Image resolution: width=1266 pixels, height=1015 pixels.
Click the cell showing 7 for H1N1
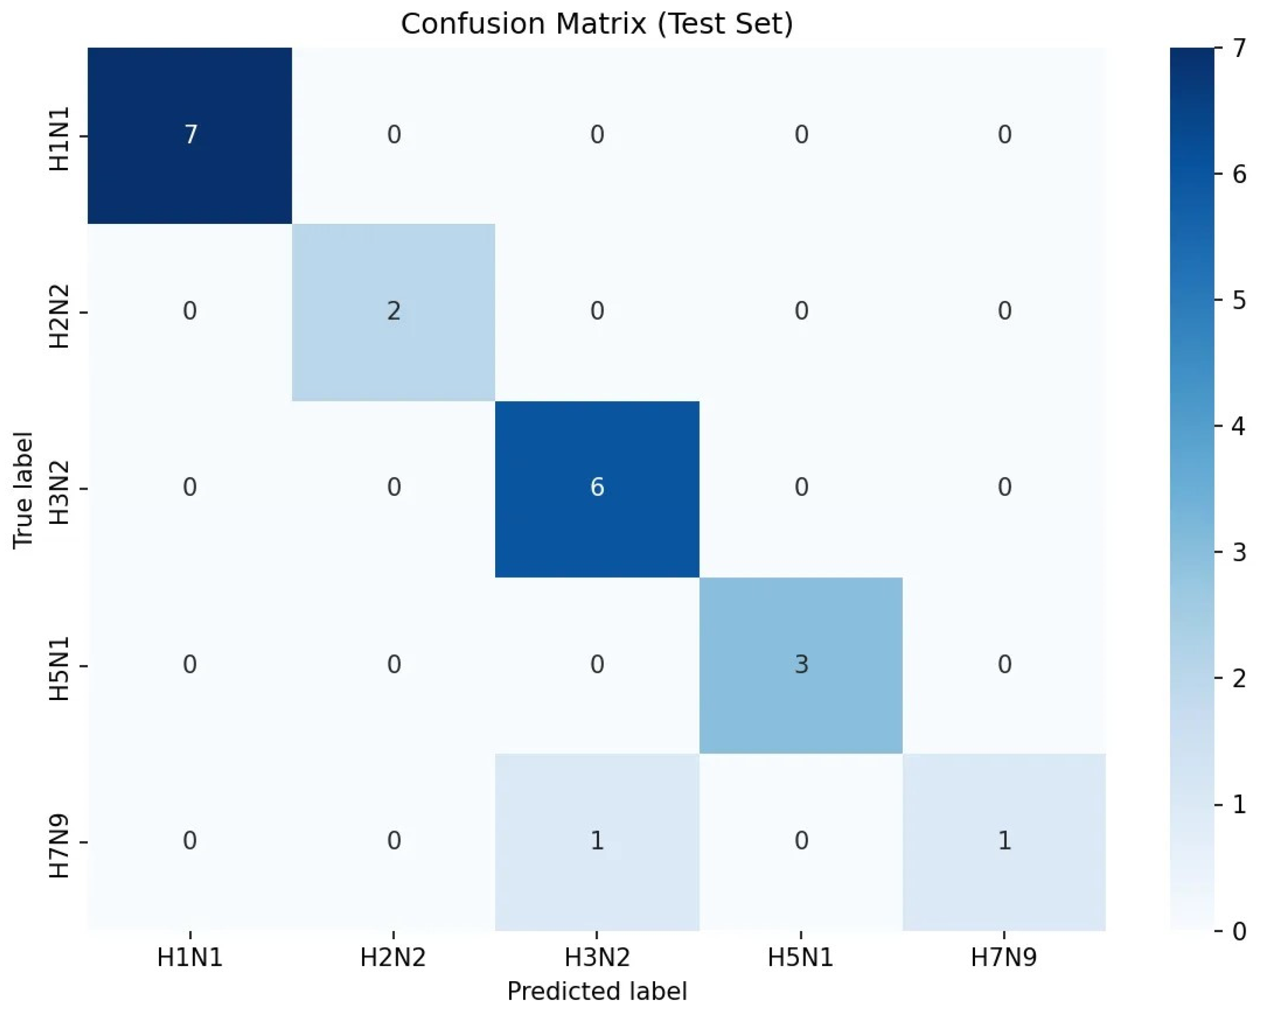pos(190,135)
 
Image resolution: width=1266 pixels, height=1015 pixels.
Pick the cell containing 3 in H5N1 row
pos(801,665)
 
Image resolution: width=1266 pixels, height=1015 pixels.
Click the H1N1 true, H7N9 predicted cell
pos(1004,135)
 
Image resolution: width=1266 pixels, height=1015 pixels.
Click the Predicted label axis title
pos(596,991)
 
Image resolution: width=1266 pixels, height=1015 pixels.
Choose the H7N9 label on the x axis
pos(1004,958)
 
